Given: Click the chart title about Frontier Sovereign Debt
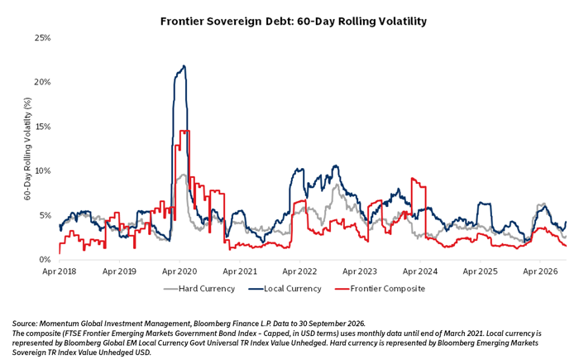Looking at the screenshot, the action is (x=293, y=21).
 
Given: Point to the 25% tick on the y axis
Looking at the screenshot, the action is (x=42, y=38).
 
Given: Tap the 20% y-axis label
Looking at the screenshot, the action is (x=42, y=82).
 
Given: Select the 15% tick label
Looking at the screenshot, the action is (x=42, y=127).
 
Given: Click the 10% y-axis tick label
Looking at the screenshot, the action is (x=42, y=170).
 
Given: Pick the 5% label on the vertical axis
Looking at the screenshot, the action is (x=45, y=215).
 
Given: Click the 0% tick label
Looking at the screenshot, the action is (x=45, y=260).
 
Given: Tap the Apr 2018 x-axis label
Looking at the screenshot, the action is (x=59, y=271).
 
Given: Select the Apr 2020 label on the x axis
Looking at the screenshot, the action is (x=179, y=271).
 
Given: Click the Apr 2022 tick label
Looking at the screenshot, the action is (x=299, y=271).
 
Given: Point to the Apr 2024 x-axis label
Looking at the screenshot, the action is (x=420, y=271).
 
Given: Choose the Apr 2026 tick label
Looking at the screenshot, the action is (x=540, y=271).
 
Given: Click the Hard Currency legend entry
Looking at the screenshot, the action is (x=199, y=289).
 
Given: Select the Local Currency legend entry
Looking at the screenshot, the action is (x=285, y=289).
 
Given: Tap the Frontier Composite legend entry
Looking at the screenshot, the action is (x=380, y=289).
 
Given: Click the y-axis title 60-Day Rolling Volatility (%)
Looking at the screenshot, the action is (x=27, y=149).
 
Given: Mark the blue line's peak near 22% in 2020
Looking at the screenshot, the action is (x=184, y=66).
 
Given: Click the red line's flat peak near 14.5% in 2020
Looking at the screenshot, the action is (x=184, y=131).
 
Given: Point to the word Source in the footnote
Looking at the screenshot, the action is (x=24, y=324).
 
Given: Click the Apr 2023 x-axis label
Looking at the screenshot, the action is (x=360, y=271).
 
